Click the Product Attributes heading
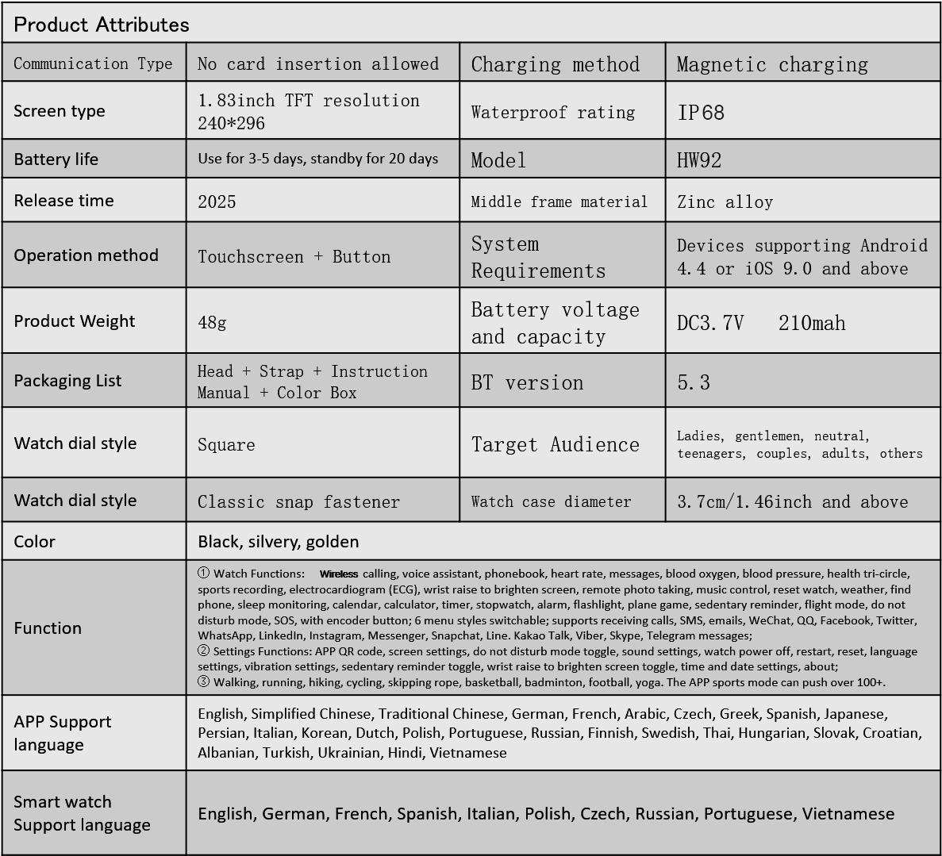tap(102, 25)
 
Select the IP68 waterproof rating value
tap(701, 113)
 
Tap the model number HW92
tap(698, 160)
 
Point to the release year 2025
tap(217, 202)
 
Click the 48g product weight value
tap(212, 322)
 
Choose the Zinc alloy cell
tap(725, 202)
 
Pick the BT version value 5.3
tap(693, 383)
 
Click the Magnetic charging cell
tap(771, 64)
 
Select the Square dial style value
tap(226, 444)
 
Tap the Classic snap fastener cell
tap(298, 502)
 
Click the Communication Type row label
tap(93, 63)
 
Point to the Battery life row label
tap(56, 159)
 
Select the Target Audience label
tap(555, 444)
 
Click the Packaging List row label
tap(67, 381)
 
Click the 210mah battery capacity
tap(812, 323)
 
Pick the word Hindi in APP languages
tap(405, 753)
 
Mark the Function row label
tap(48, 628)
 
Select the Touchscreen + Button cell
tap(294, 257)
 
